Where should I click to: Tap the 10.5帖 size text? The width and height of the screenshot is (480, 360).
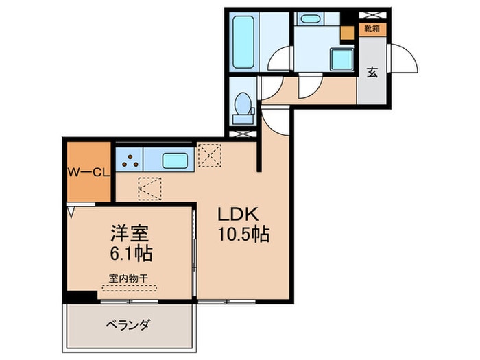(x=243, y=234)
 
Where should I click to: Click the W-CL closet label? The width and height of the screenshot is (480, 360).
(x=88, y=173)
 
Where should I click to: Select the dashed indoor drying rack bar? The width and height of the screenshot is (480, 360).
(x=128, y=288)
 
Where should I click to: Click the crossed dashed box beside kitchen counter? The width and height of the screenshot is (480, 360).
(x=208, y=155)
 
